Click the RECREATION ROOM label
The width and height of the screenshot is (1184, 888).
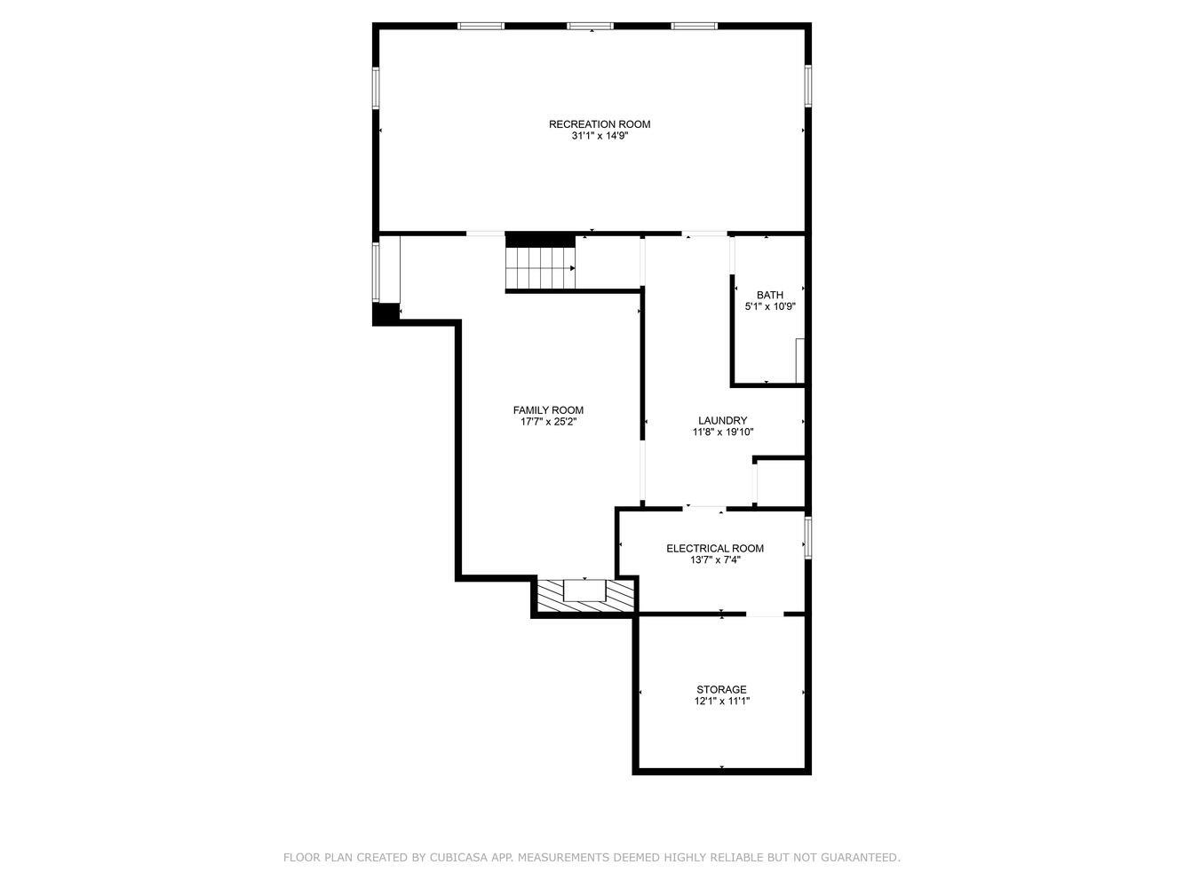coord(600,124)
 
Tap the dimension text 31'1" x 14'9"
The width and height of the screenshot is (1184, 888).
coord(600,136)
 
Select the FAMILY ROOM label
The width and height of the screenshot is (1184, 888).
coord(548,409)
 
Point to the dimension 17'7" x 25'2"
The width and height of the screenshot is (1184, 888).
coord(548,422)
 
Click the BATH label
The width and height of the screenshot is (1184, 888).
coord(770,295)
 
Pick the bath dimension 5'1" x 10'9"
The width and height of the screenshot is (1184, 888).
coord(770,306)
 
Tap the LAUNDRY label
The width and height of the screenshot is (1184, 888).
coord(722,420)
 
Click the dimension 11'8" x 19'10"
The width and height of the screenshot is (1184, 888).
coord(722,432)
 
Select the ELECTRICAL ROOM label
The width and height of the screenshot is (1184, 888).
coord(715,548)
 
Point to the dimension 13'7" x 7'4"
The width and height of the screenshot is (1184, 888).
coord(715,560)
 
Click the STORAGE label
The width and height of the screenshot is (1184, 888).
coord(721,690)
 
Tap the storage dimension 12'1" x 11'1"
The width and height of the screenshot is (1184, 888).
coord(722,702)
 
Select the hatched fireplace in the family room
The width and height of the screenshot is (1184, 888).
coord(585,596)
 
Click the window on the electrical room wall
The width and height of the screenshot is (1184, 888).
coord(807,537)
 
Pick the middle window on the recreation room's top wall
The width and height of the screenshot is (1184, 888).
coord(590,26)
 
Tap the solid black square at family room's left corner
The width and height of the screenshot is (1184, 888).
coord(385,314)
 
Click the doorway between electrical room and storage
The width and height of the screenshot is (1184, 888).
coord(765,614)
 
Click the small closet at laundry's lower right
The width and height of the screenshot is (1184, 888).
coord(780,483)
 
